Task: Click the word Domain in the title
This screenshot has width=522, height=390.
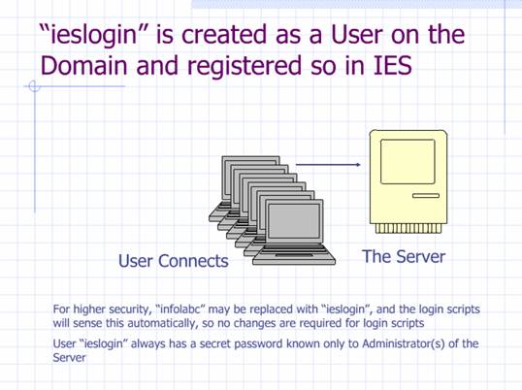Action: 83,65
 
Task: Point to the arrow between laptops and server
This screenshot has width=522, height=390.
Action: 328,164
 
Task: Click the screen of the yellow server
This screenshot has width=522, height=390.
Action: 408,161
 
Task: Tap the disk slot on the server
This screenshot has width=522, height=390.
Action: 426,196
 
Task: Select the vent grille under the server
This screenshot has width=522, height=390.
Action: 408,228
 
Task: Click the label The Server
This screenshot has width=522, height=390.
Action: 404,256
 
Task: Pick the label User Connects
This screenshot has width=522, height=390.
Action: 174,261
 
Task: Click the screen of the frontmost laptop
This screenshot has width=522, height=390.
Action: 294,221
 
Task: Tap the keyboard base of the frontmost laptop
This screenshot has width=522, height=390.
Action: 294,255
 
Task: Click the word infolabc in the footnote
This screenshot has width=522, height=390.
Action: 180,309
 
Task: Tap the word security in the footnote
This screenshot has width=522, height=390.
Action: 128,309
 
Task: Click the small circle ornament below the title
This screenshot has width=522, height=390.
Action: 34,86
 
